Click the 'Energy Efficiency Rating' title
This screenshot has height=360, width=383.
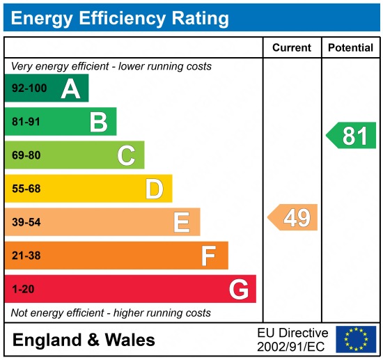click(x=120, y=17)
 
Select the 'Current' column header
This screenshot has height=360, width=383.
click(x=292, y=48)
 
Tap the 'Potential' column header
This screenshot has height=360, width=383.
click(x=350, y=48)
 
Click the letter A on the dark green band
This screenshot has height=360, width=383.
click(x=70, y=88)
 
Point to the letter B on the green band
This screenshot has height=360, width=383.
click(x=98, y=122)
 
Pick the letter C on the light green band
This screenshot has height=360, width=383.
click(x=126, y=155)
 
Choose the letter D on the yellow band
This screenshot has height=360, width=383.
click(x=154, y=189)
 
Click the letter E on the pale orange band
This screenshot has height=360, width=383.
click(x=182, y=222)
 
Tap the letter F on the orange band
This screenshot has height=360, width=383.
click(x=209, y=256)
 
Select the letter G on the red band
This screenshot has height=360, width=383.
click(x=239, y=289)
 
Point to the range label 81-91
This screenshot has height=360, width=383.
click(x=25, y=122)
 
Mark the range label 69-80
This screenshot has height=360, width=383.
click(x=25, y=155)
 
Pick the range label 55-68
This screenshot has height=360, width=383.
click(x=25, y=189)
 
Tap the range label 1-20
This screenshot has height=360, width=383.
click(x=22, y=289)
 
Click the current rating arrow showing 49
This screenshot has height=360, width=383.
click(x=293, y=218)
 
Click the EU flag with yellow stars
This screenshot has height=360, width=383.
click(x=356, y=339)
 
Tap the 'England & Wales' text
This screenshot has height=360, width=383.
click(x=84, y=341)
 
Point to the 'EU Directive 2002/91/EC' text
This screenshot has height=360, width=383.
click(x=292, y=340)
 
